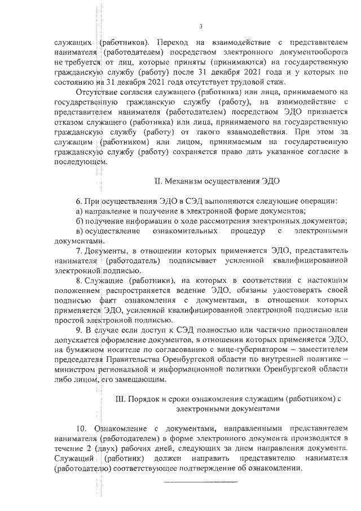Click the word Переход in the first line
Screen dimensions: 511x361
pos(175,42)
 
